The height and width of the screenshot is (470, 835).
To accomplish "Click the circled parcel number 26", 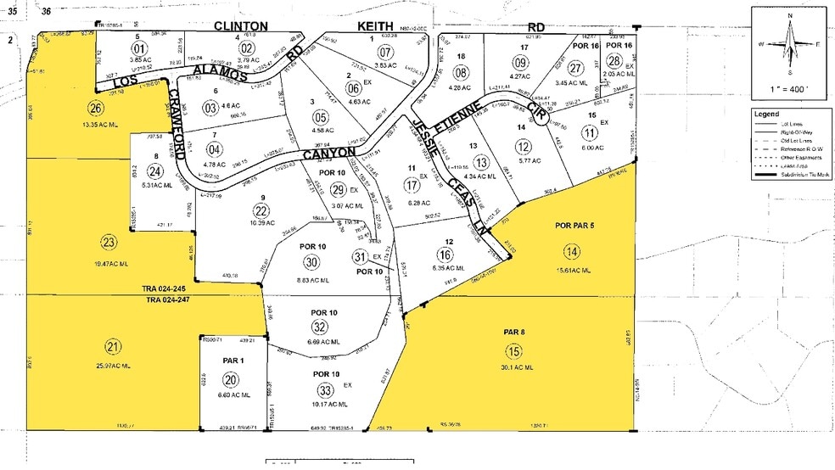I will tap(95, 107).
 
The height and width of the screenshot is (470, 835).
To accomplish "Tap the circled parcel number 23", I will tap(109, 242).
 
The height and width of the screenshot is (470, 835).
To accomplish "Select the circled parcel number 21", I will tap(113, 345).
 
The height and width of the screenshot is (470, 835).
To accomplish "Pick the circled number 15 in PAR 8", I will tap(513, 351).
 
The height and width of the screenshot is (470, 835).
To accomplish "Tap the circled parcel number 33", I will tap(325, 390).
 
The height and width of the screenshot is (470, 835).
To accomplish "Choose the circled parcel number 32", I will tap(320, 327).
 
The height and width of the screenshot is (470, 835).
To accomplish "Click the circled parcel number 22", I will tap(261, 211).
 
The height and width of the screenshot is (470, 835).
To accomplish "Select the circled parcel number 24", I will tap(155, 170).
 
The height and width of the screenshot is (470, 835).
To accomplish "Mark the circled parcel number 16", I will tap(445, 255).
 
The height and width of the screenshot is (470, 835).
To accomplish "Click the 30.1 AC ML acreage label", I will tap(516, 367).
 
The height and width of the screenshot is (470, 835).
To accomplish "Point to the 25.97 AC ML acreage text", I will tap(113, 366).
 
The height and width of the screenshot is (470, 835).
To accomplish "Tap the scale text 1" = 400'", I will tap(789, 88).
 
